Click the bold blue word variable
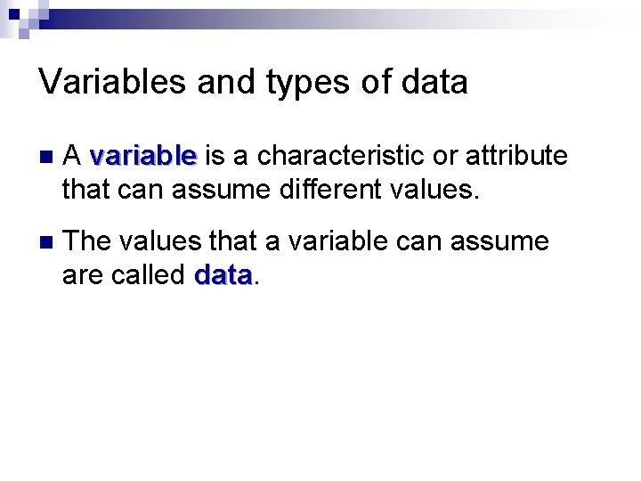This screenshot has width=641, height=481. pos(142,157)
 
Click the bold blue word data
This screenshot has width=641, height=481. pos(223,275)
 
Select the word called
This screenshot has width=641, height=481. pos(146,275)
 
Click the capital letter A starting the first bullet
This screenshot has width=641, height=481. pos(73,157)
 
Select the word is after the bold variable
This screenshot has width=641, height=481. pos(214,157)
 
